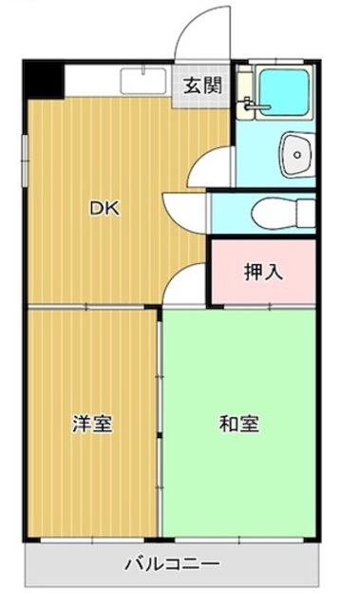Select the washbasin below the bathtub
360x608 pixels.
pyautogui.click(x=295, y=151)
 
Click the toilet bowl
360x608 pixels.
pyautogui.click(x=284, y=212)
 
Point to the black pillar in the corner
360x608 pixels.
pyautogui.click(x=42, y=79)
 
